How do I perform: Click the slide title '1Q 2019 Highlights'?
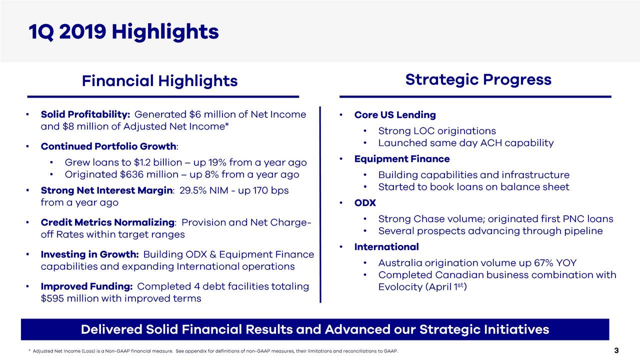pyautogui.click(x=123, y=32)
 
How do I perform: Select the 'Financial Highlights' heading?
pyautogui.click(x=159, y=80)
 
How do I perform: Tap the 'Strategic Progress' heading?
pyautogui.click(x=478, y=79)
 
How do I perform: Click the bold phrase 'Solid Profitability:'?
pyautogui.click(x=85, y=115)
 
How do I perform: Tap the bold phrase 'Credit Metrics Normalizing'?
pyautogui.click(x=107, y=222)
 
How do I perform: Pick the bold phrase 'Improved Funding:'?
pyautogui.click(x=86, y=286)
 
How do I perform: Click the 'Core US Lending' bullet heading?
pyautogui.click(x=395, y=115)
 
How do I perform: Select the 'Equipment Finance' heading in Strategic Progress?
pyautogui.click(x=402, y=159)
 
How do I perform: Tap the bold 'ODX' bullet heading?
pyautogui.click(x=365, y=203)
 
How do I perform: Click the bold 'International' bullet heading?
pyautogui.click(x=386, y=247)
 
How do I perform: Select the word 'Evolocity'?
pyautogui.click(x=401, y=287)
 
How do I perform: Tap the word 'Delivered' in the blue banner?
pyautogui.click(x=109, y=329)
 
